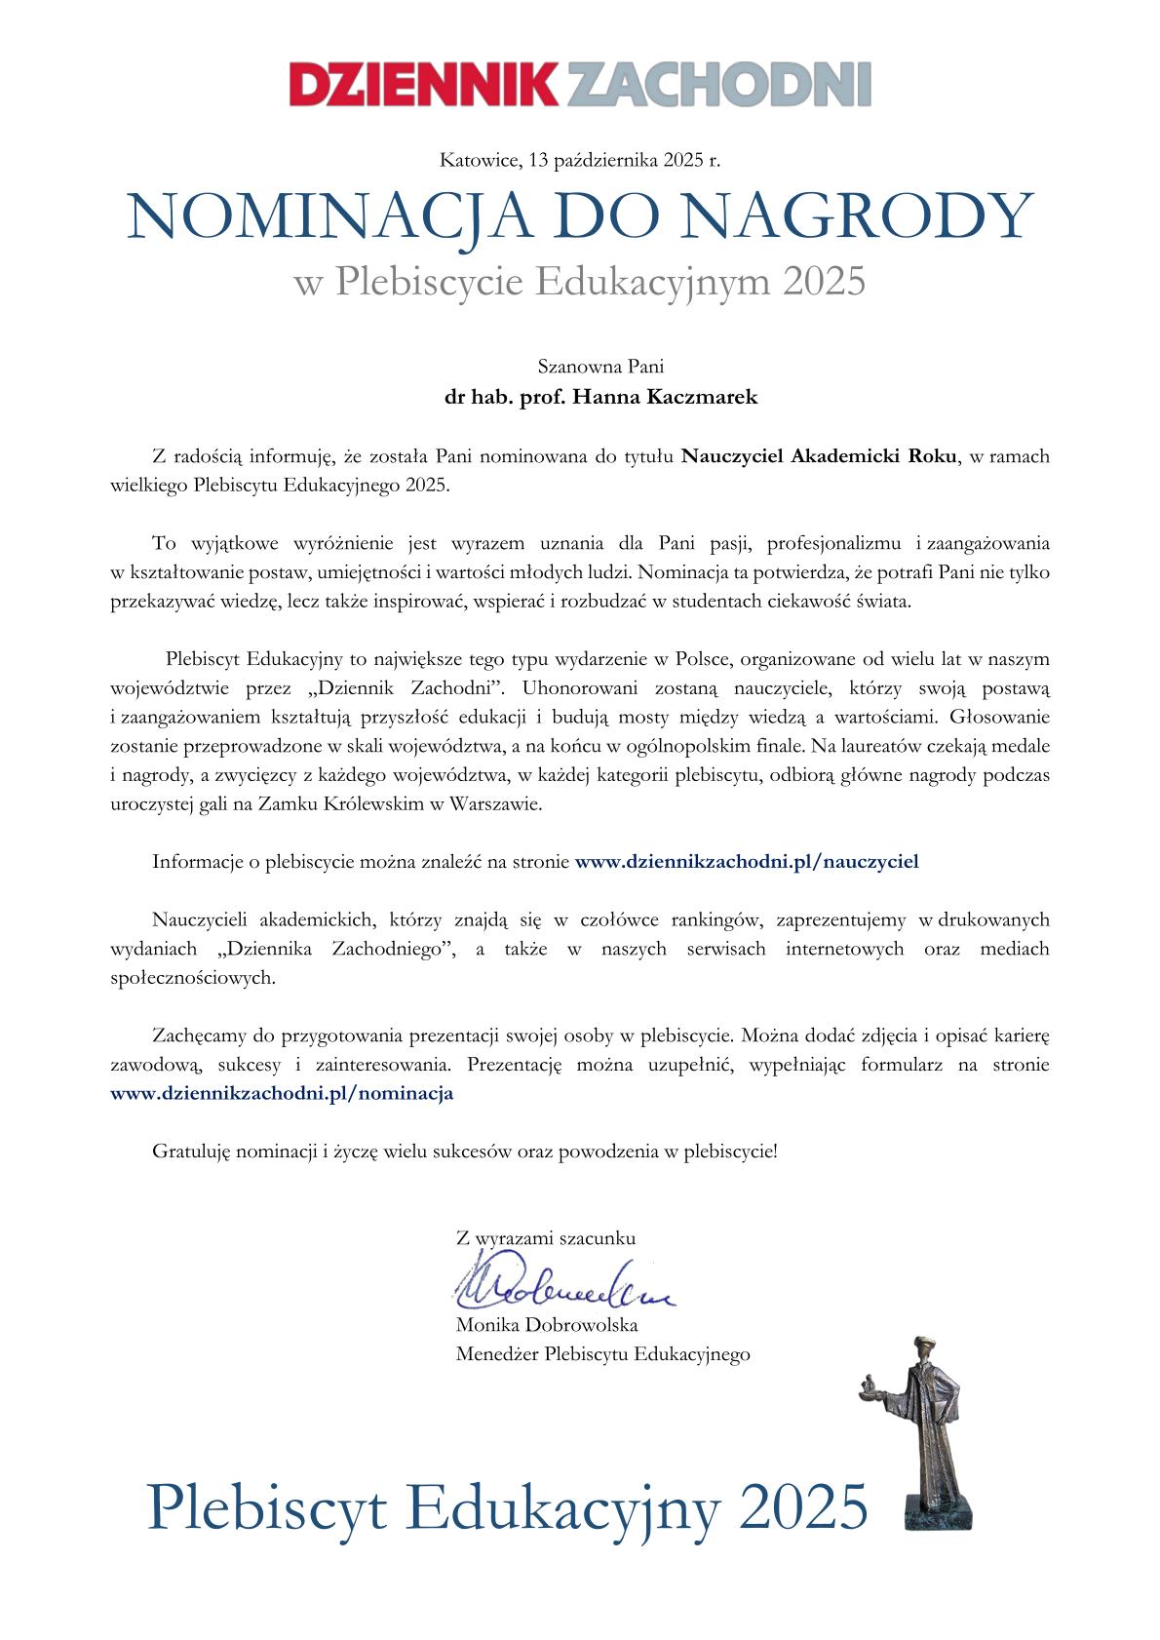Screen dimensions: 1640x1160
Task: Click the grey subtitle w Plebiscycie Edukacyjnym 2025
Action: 580,282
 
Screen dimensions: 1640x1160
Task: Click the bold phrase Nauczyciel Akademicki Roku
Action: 819,455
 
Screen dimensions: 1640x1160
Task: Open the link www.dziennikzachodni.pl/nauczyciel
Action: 748,862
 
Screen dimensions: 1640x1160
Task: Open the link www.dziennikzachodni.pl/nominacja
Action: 283,1093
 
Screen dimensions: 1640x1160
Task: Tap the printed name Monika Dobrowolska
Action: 547,1325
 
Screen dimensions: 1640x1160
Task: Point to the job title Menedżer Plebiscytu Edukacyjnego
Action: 602,1354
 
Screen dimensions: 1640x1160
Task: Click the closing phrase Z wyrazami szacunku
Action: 545,1239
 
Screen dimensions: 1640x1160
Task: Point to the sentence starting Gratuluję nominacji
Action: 465,1151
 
